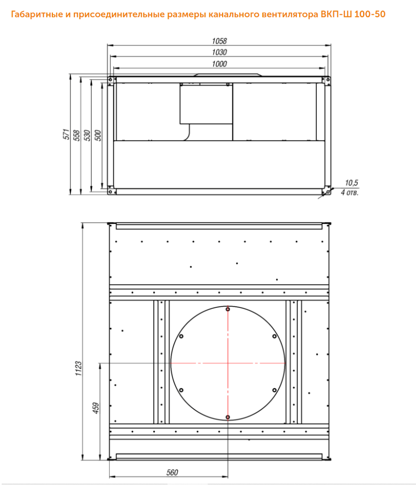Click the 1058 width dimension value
(x=219, y=41)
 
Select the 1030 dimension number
(x=219, y=52)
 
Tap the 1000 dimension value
(x=219, y=63)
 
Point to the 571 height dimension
(x=66, y=135)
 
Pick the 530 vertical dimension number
(x=87, y=136)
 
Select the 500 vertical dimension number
(x=98, y=136)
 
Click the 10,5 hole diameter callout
(x=352, y=183)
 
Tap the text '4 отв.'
(x=349, y=193)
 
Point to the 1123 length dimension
(x=78, y=369)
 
